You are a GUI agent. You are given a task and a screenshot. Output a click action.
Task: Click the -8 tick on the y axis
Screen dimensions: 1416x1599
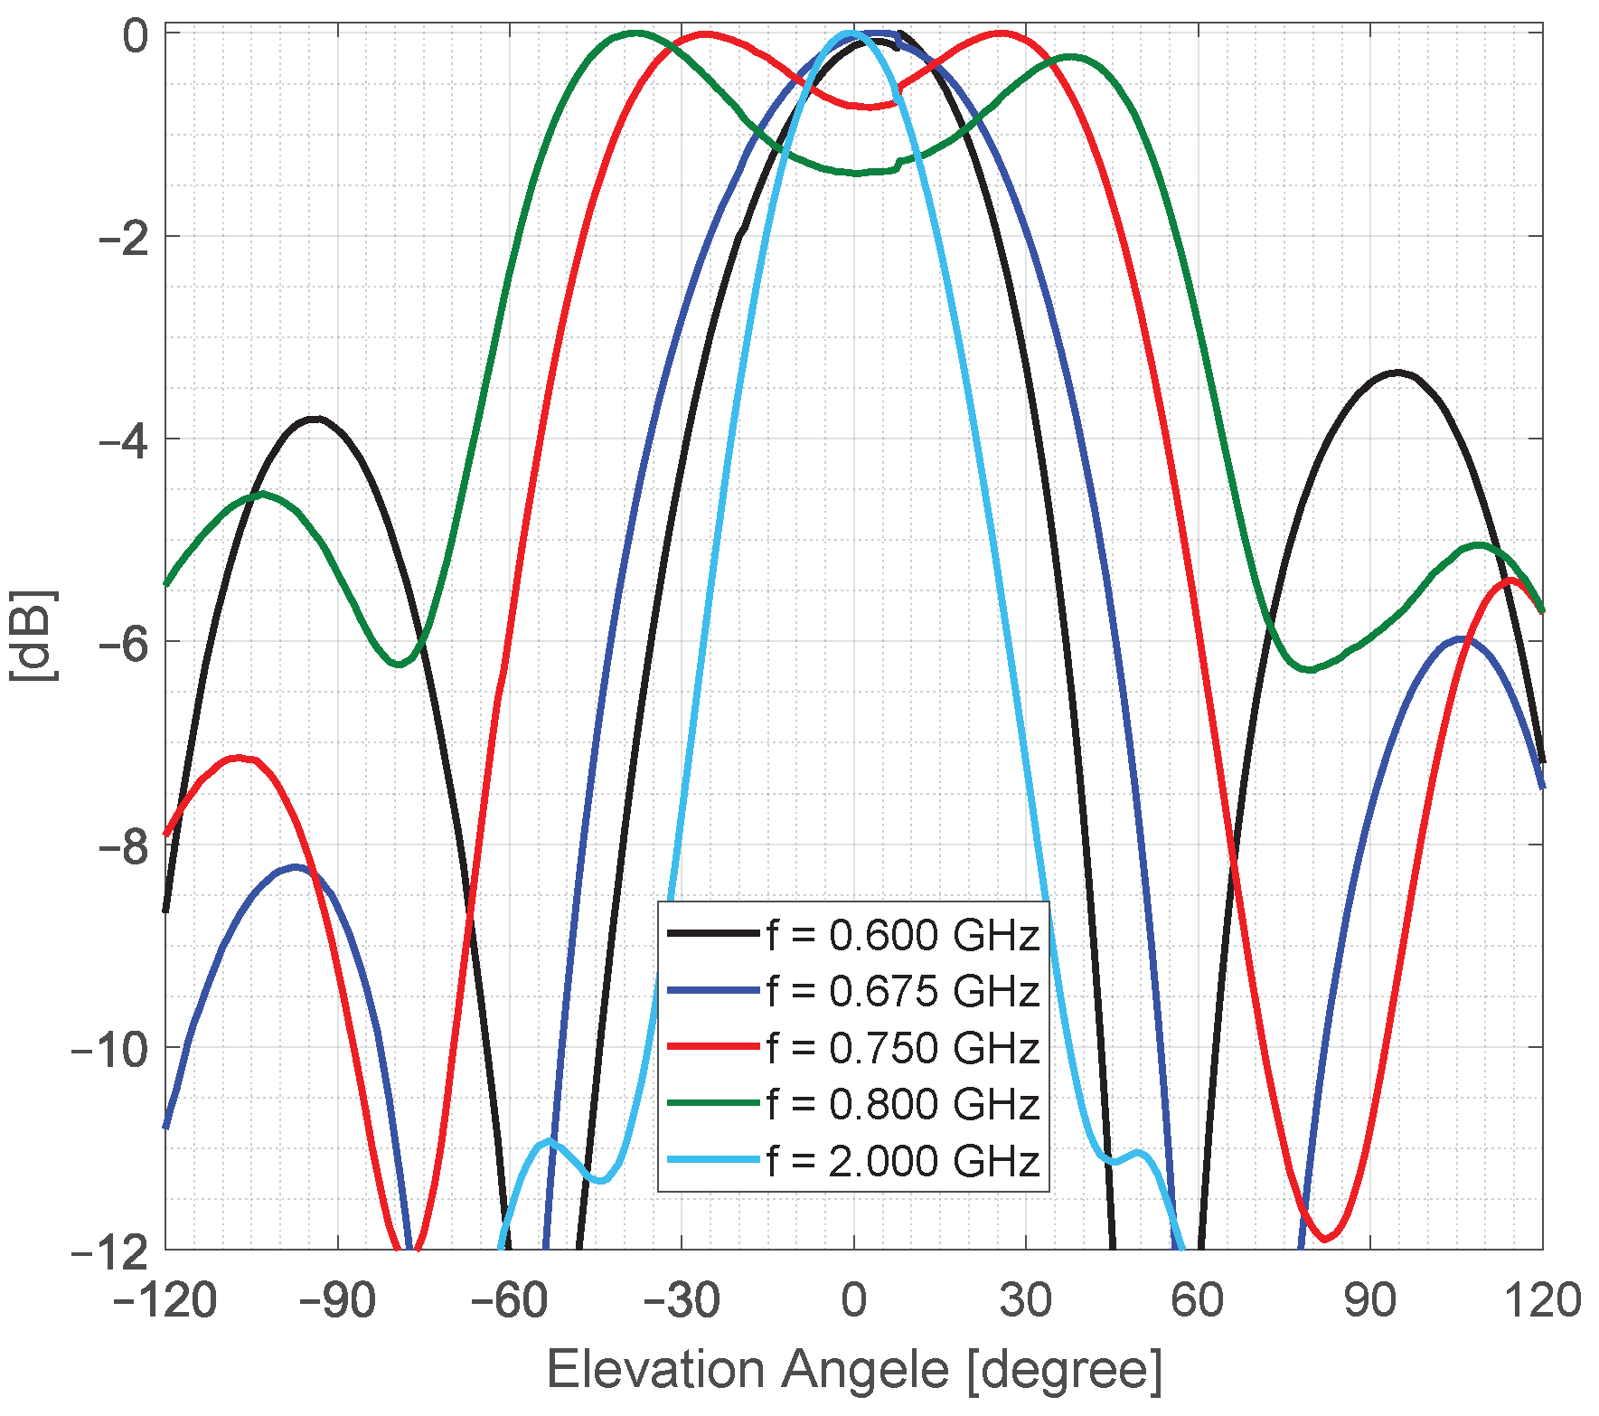coord(123,845)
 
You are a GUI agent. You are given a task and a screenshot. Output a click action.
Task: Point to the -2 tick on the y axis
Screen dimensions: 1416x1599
coord(123,237)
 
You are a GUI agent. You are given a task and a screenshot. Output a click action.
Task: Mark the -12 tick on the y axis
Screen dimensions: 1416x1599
coord(110,1251)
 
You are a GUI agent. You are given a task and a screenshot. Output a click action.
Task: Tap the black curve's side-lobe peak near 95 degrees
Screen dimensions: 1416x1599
coord(1397,372)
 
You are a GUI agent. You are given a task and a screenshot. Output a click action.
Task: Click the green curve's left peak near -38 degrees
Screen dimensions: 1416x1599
coord(636,33)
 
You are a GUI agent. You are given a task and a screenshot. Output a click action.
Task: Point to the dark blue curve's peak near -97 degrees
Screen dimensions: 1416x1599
coord(296,866)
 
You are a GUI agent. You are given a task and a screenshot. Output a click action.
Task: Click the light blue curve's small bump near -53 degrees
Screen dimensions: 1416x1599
coord(549,1141)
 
